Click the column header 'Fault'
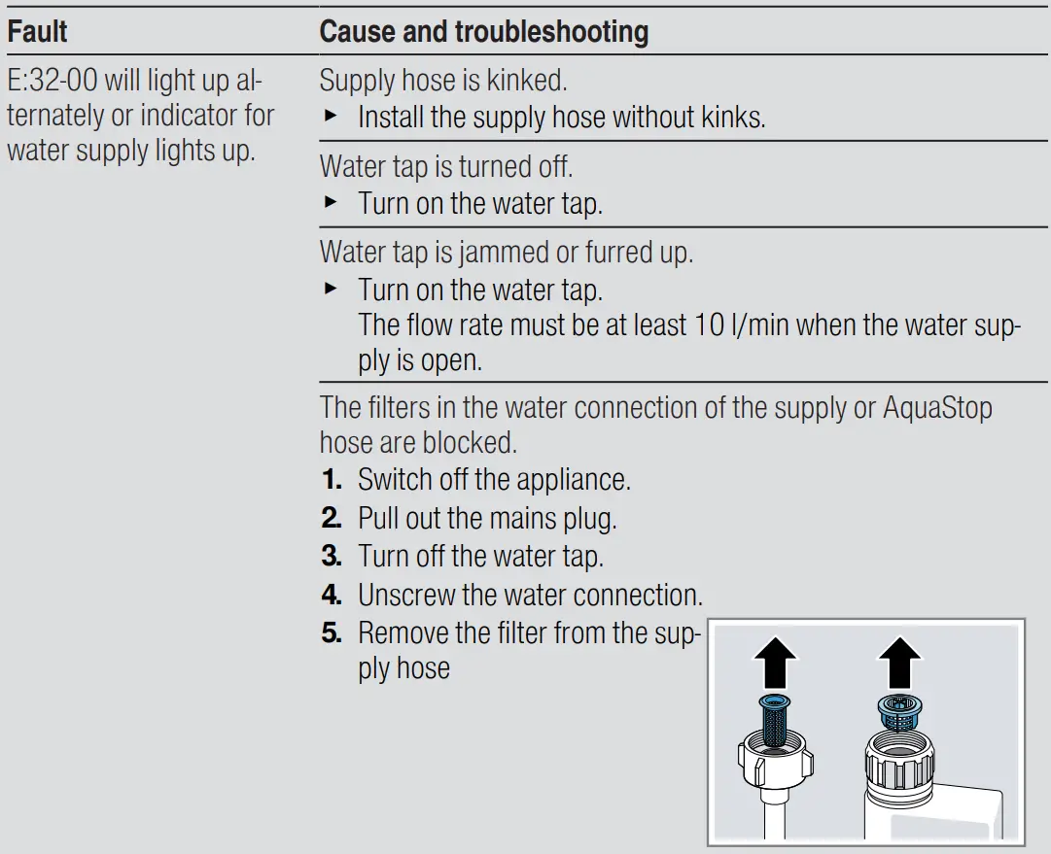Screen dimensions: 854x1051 point(37,32)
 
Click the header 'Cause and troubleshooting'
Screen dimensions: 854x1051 point(483,32)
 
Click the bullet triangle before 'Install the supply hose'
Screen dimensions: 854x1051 point(330,118)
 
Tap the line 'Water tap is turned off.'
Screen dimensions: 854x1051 point(445,167)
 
